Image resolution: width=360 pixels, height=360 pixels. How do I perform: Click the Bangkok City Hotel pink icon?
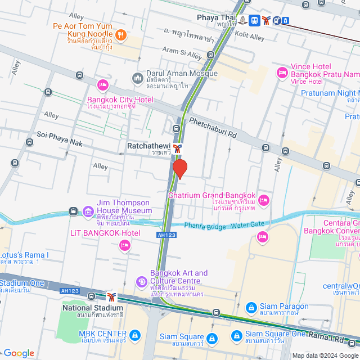[x=103, y=85]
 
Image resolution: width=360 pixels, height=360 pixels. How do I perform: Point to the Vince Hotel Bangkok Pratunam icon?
[x=282, y=73]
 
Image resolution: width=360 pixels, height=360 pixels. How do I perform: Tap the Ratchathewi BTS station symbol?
[x=178, y=148]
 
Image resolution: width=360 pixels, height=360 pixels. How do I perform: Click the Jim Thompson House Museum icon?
[x=88, y=211]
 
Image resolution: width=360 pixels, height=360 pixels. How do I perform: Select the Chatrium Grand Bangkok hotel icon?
[x=263, y=200]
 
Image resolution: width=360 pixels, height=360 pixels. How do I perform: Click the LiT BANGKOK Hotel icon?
[x=124, y=245]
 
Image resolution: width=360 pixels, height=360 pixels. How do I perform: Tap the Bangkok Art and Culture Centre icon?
[x=142, y=281]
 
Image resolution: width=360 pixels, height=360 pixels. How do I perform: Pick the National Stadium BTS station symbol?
[x=112, y=296]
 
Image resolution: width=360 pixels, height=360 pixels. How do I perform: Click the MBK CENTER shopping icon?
[x=134, y=336]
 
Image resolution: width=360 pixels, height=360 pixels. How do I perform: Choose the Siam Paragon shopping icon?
[x=251, y=309]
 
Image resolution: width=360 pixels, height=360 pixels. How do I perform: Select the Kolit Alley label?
[x=249, y=37]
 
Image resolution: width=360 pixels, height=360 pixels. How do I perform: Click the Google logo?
[x=19, y=353]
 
